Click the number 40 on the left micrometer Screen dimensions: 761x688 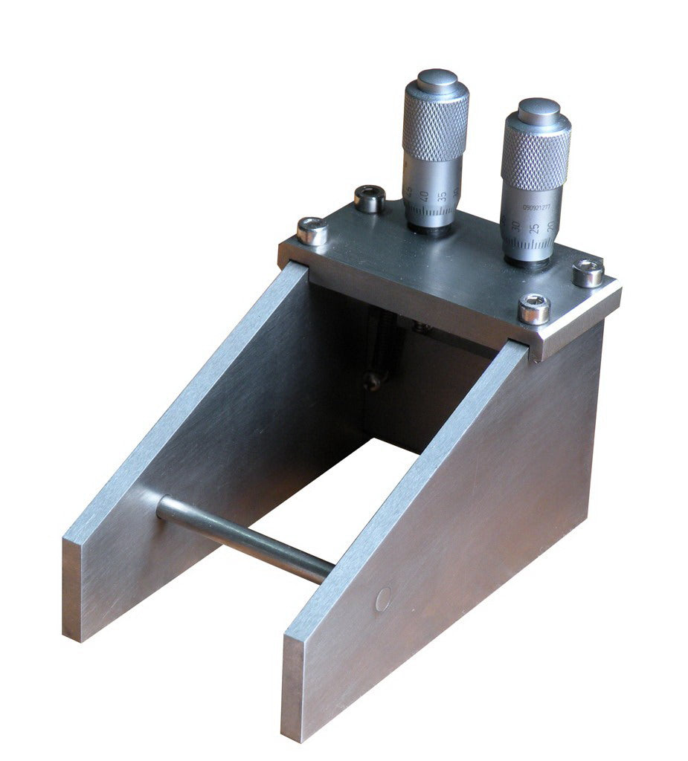425,196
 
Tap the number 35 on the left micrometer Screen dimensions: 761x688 443,196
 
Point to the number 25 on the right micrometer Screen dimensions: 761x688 533,226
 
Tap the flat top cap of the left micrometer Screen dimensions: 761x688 437,78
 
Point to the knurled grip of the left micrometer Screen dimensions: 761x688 435,131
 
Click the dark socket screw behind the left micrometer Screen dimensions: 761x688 370,198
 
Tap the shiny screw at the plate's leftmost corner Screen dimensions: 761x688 312,230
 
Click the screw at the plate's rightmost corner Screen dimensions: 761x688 588,273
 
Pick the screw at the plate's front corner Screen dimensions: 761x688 534,308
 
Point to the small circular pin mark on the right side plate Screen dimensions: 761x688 383,599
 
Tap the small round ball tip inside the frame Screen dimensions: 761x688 372,381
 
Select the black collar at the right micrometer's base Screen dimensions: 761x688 527,261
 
